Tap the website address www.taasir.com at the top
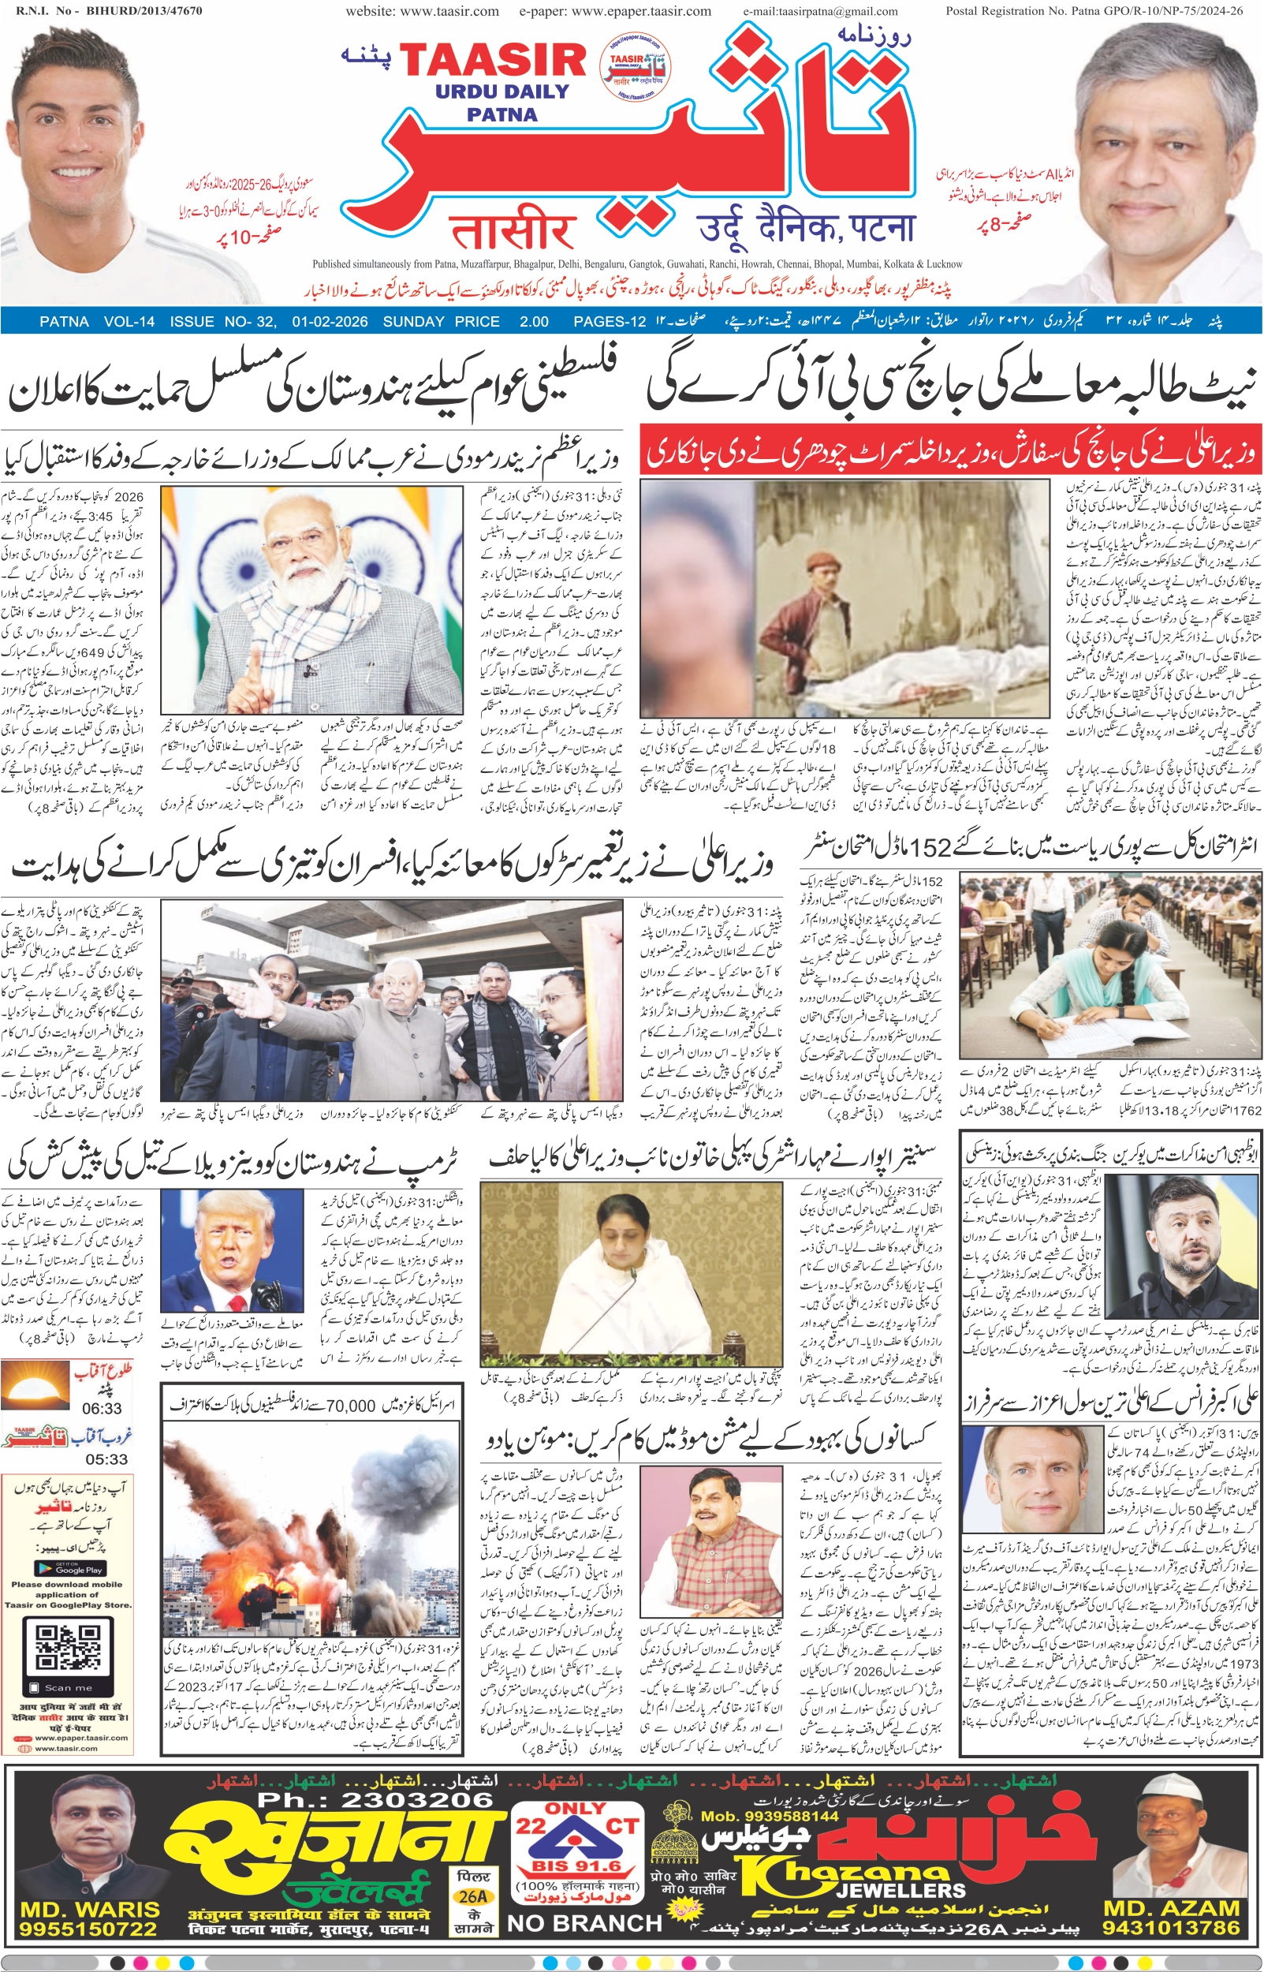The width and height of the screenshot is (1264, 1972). pyautogui.click(x=422, y=12)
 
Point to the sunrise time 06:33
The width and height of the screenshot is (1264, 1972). pyautogui.click(x=102, y=1408)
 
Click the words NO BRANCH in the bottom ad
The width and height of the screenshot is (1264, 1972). pyautogui.click(x=584, y=1924)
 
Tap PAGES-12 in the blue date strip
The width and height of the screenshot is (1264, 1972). pyautogui.click(x=610, y=321)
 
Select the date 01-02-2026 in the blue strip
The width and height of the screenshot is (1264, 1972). pyautogui.click(x=329, y=321)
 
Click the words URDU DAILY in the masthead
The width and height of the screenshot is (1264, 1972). pyautogui.click(x=502, y=92)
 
